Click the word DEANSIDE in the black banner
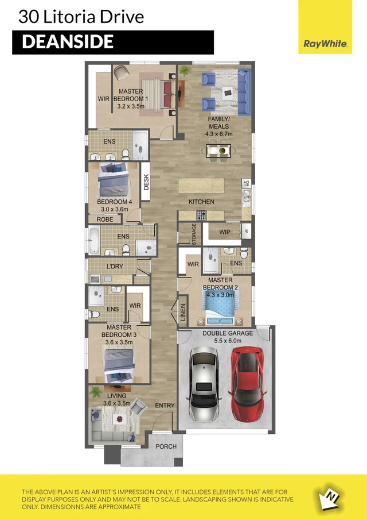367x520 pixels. [68, 42]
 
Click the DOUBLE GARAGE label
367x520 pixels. [228, 333]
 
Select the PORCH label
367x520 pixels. [166, 446]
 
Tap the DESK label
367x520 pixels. [146, 183]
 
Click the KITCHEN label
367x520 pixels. [201, 202]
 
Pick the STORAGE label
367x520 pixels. [194, 235]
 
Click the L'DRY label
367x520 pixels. [115, 266]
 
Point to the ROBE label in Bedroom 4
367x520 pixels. [104, 219]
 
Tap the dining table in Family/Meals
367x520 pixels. [219, 151]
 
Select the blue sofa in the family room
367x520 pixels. [244, 91]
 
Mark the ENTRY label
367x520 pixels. [165, 406]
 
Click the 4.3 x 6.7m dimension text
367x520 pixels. [218, 134]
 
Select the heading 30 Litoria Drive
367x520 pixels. [81, 17]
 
